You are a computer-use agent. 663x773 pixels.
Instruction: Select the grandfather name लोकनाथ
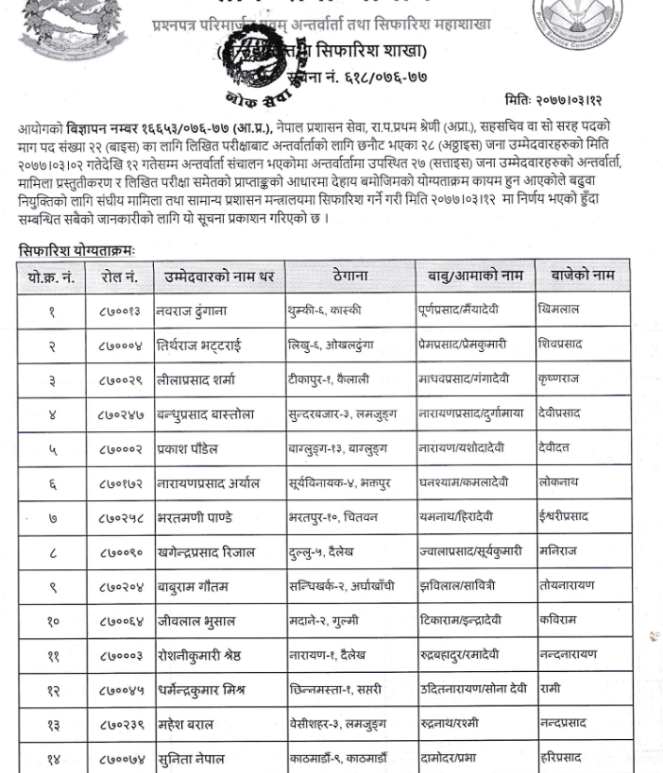[562, 481]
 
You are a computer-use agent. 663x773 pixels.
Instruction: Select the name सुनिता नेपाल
[197, 758]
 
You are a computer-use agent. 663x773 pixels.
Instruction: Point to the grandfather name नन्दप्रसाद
[564, 724]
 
